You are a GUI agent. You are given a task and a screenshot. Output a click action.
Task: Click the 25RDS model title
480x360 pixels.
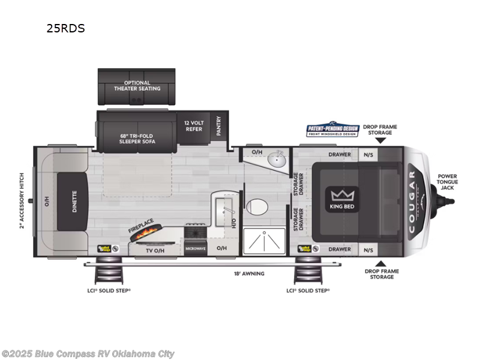pyautogui.click(x=66, y=28)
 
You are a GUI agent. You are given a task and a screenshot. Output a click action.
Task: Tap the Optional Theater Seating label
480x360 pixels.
pyautogui.click(x=137, y=86)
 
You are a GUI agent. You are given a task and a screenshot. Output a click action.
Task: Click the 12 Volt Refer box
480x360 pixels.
pyautogui.click(x=193, y=125)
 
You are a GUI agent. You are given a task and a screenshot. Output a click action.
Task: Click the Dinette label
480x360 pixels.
pyautogui.click(x=74, y=202)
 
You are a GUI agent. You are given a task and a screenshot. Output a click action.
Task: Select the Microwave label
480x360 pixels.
pyautogui.click(x=196, y=247)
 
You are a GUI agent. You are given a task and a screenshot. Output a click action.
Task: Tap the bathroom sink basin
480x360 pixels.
pyautogui.click(x=277, y=160)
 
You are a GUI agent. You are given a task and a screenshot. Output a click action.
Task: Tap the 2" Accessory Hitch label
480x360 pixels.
pyautogui.click(x=22, y=201)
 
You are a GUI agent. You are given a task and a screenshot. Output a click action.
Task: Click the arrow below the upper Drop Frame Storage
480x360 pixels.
pyautogui.click(x=380, y=140)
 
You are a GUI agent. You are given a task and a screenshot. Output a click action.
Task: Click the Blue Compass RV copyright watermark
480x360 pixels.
pyautogui.click(x=88, y=354)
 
